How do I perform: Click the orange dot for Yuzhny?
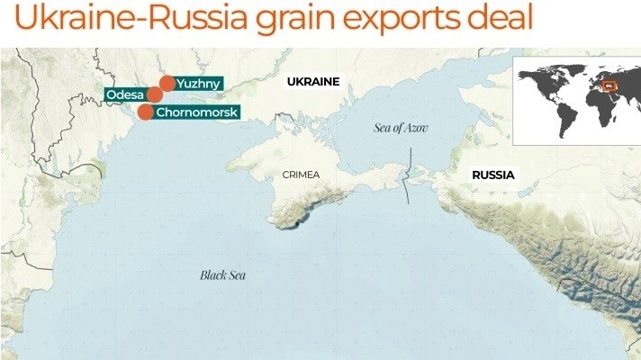pyautogui.click(x=167, y=83)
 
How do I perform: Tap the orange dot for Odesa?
pyautogui.click(x=155, y=94)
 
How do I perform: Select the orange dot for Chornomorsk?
pyautogui.click(x=145, y=112)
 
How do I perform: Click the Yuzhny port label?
pyautogui.click(x=198, y=83)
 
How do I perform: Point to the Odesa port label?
pyautogui.click(x=125, y=94)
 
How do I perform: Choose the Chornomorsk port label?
pyautogui.click(x=195, y=112)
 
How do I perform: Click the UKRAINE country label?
pyautogui.click(x=312, y=82)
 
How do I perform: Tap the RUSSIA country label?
pyautogui.click(x=493, y=175)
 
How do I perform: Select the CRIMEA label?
pyautogui.click(x=300, y=175)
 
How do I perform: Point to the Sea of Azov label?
pyautogui.click(x=401, y=128)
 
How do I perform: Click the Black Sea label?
pyautogui.click(x=222, y=275)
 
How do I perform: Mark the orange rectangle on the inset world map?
pyautogui.click(x=610, y=87)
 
